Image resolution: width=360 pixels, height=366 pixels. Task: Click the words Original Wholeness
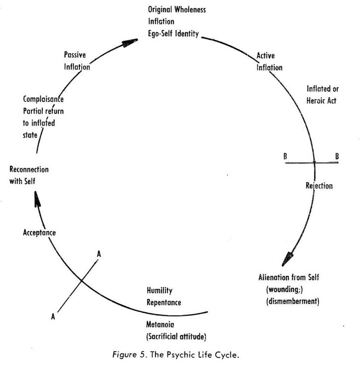coord(177,9)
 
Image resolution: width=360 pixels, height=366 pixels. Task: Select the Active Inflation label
coord(269,61)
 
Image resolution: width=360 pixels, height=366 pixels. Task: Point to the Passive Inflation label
coord(77,60)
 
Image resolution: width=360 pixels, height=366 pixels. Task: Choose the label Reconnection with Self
coord(29,175)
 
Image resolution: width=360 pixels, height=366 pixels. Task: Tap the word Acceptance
coord(39,233)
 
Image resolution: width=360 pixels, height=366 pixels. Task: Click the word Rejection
coord(319,186)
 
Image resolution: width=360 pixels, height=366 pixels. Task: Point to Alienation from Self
coord(289,277)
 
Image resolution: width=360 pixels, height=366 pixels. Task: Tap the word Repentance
coord(164,302)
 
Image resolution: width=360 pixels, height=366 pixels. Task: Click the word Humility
coord(160,290)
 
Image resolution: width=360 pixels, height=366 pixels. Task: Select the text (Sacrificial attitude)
coord(174,337)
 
